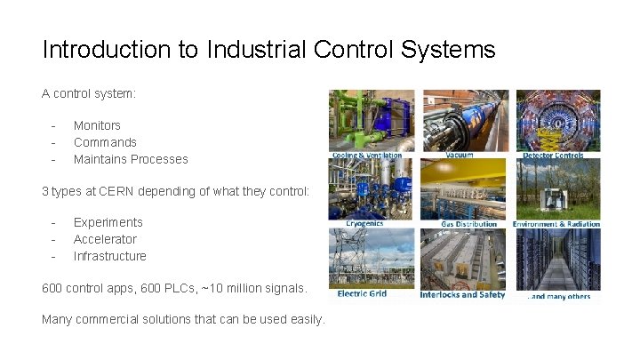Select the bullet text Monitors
pyautogui.click(x=97, y=125)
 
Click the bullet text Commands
pyautogui.click(x=105, y=142)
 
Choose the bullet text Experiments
pyautogui.click(x=108, y=222)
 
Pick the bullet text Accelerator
pyautogui.click(x=105, y=239)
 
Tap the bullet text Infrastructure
pyautogui.click(x=109, y=256)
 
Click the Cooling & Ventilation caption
pyautogui.click(x=367, y=156)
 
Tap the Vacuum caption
pyautogui.click(x=460, y=155)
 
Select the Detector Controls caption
pyautogui.click(x=553, y=156)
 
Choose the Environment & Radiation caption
pyautogui.click(x=556, y=224)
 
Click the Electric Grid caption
pyautogui.click(x=362, y=294)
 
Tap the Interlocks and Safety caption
pyautogui.click(x=462, y=294)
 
